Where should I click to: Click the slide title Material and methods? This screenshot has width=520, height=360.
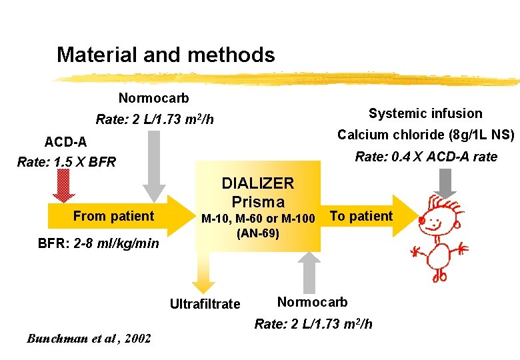[x=165, y=55]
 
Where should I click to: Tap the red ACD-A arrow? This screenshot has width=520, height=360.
[x=64, y=185]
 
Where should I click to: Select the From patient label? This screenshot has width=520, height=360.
[x=113, y=216]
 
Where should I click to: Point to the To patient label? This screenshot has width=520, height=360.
[x=361, y=216]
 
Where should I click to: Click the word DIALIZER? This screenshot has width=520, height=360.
[x=257, y=183]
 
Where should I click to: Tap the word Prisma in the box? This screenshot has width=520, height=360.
[x=258, y=201]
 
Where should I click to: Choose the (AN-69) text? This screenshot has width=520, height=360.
[x=258, y=234]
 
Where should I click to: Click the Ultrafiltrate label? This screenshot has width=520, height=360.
[x=205, y=305]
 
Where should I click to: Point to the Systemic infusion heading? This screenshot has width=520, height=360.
[x=425, y=113]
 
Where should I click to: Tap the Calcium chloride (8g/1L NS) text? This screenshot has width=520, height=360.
[x=425, y=135]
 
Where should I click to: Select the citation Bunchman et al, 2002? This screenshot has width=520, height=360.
[x=89, y=339]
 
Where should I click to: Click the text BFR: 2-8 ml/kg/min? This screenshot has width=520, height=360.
[x=99, y=244]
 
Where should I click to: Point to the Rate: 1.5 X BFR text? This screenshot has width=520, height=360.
[x=67, y=162]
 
